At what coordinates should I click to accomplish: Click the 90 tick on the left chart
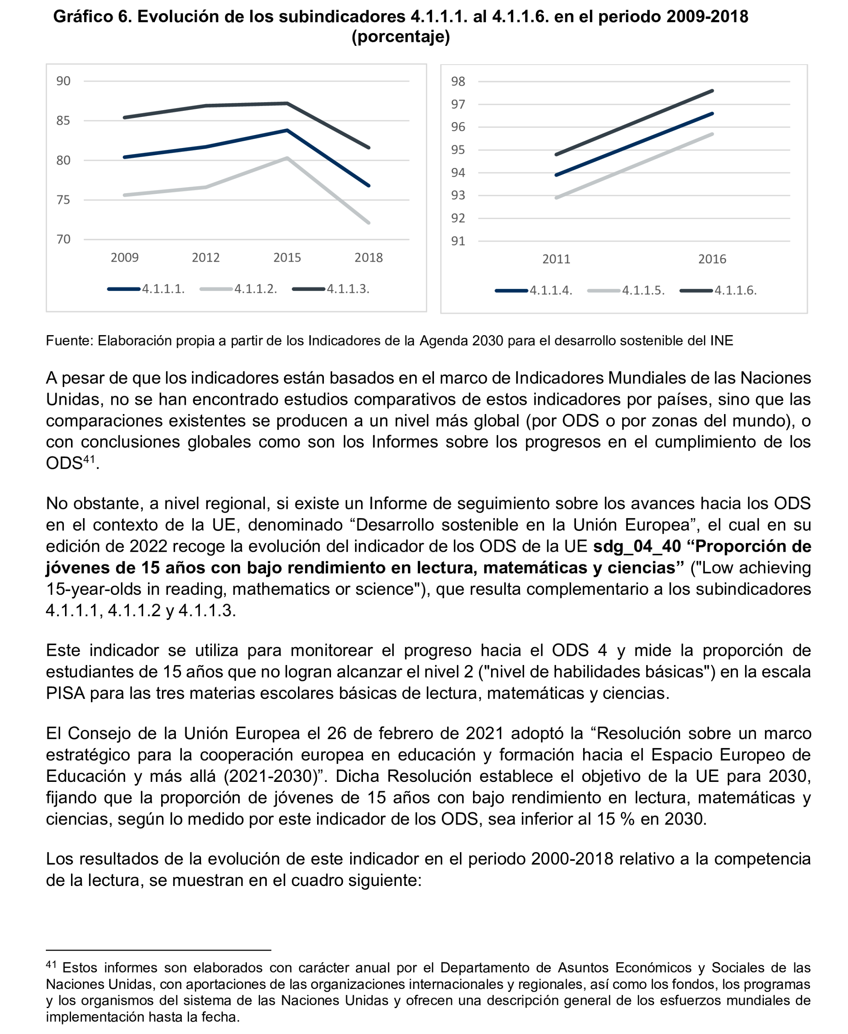click(63, 81)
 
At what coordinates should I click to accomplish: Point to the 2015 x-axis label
click(287, 257)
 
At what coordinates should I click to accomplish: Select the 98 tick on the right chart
click(458, 81)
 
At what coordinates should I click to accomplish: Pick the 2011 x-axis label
click(556, 259)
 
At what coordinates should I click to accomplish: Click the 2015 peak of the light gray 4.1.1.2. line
click(287, 158)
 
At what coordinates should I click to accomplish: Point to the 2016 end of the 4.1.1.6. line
click(712, 91)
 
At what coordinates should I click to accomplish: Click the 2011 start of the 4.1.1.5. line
click(557, 198)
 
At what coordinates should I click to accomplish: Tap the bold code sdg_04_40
click(637, 546)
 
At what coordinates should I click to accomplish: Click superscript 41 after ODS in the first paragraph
click(89, 459)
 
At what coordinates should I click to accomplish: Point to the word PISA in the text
click(65, 693)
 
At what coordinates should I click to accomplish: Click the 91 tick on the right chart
click(458, 241)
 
